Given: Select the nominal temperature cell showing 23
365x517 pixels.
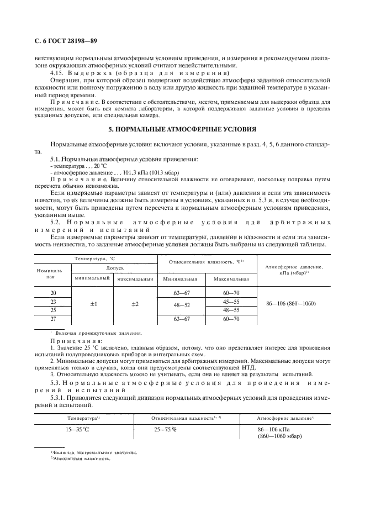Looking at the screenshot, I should (x=54, y=302).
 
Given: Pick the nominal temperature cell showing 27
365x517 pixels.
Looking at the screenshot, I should (x=54, y=319).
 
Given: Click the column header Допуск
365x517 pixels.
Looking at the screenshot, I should (x=115, y=267).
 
